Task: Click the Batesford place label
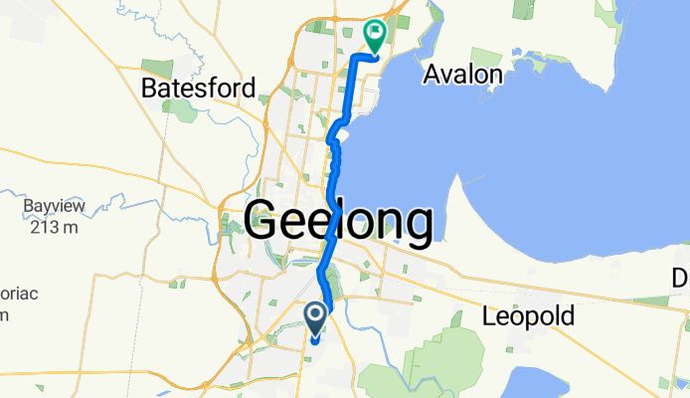pos(200,88)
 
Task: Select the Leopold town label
pos(528,317)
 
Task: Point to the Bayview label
pos(56,207)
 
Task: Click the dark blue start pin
pos(315,317)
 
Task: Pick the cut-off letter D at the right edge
pos(682,276)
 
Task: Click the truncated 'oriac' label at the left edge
pos(12,297)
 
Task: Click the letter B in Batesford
pos(149,88)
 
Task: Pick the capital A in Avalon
pos(431,74)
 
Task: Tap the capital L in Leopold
pos(489,317)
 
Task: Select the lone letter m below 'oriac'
pos(3,316)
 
